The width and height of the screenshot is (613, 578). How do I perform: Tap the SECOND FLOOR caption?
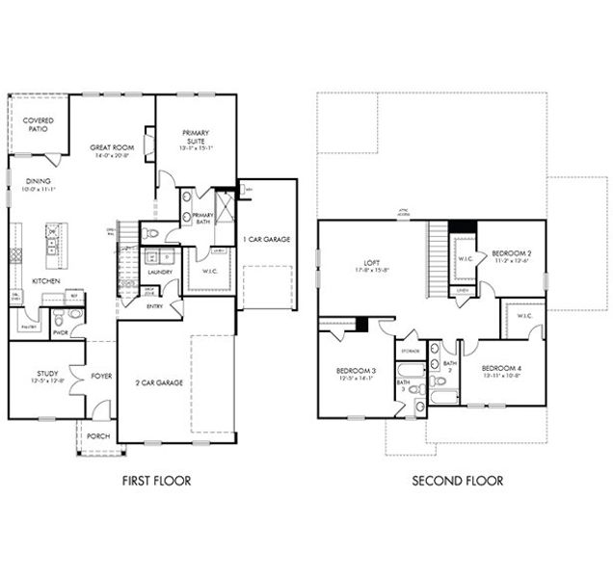(457, 481)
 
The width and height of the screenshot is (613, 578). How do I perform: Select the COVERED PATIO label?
(38, 126)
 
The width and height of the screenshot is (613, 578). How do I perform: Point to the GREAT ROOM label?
(110, 147)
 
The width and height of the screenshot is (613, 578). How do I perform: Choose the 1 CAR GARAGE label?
(266, 239)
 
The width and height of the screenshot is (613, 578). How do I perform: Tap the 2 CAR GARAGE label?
(159, 382)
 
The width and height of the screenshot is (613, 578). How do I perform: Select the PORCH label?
(97, 436)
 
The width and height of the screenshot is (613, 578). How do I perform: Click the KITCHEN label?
(48, 280)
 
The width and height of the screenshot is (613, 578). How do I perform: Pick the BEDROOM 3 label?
(356, 371)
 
